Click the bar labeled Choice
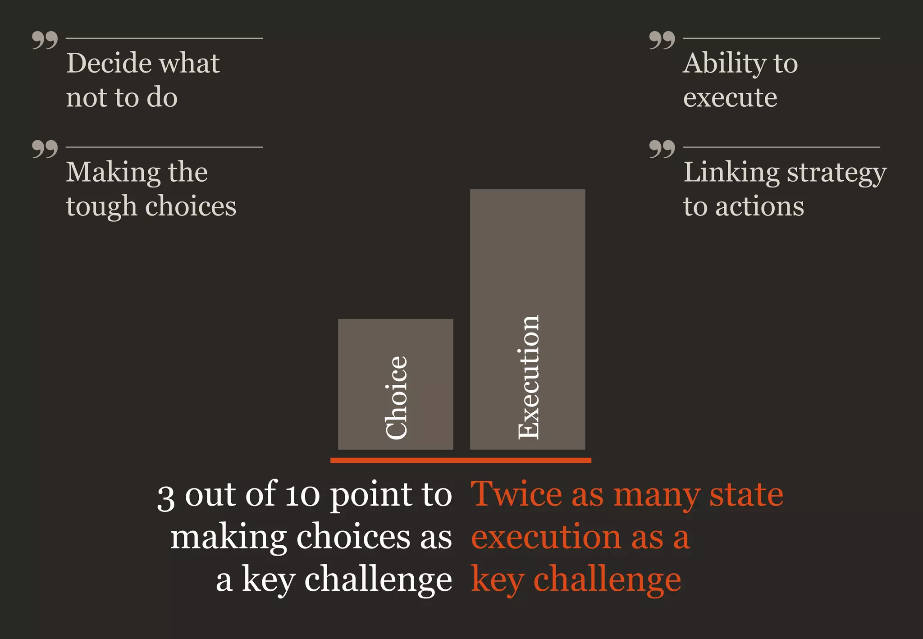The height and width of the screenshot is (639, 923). [395, 384]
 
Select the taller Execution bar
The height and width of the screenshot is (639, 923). [527, 319]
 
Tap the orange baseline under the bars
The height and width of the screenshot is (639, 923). [461, 460]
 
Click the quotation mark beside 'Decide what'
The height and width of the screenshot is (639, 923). [45, 40]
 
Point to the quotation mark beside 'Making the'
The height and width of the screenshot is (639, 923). [45, 149]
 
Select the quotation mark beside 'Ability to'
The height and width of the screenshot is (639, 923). [662, 40]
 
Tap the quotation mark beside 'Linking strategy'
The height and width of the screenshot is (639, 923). [662, 149]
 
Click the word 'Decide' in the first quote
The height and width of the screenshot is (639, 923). [108, 63]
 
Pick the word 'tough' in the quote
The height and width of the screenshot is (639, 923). [101, 206]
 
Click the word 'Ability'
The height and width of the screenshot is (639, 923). [724, 63]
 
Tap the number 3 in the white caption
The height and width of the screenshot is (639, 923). [165, 498]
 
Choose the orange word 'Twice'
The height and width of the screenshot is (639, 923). [516, 494]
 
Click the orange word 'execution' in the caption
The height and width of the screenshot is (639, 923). [545, 537]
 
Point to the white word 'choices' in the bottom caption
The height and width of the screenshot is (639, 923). [353, 537]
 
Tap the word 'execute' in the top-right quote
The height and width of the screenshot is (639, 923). [730, 98]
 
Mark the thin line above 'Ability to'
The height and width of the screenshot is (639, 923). [781, 38]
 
